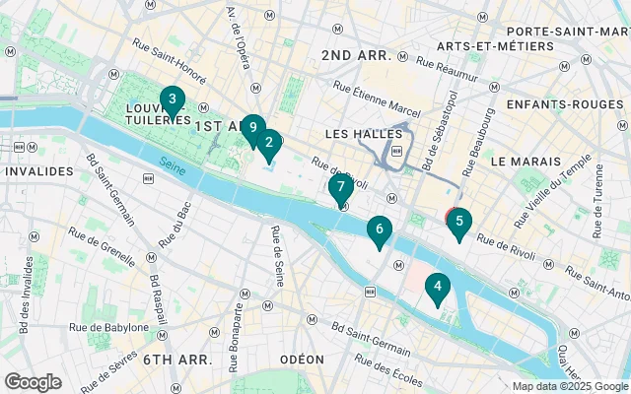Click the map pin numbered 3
tap(173, 100)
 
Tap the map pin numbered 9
tap(253, 128)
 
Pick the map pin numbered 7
tap(340, 187)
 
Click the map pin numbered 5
tap(458, 223)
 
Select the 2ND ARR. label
tap(363, 56)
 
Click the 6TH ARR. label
tap(177, 360)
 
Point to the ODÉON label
tap(301, 360)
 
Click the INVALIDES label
tap(38, 171)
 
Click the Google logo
tap(33, 382)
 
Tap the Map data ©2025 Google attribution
tap(570, 386)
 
